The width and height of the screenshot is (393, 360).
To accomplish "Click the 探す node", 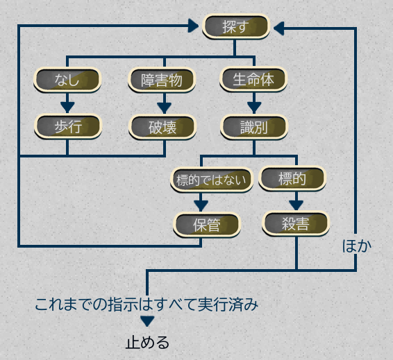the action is (236, 26).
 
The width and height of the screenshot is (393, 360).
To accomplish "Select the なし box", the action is (67, 80).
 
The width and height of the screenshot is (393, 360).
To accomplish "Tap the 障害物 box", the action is (162, 80).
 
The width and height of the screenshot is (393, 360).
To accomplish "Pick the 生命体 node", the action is (253, 79).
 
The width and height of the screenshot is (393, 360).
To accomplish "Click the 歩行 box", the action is (68, 126).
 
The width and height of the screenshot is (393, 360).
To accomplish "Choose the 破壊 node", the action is (162, 127).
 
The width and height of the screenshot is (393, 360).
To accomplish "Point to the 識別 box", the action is (254, 127).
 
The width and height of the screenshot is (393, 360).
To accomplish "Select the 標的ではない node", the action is (212, 180).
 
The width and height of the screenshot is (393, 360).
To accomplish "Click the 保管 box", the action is (207, 225).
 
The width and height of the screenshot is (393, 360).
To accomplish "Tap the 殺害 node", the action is (296, 223).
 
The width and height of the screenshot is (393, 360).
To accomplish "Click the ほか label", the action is (357, 246).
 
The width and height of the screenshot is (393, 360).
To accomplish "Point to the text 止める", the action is (147, 342).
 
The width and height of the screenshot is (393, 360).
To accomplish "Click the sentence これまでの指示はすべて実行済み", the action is (147, 305).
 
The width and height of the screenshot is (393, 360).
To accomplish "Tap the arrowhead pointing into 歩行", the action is (67, 108).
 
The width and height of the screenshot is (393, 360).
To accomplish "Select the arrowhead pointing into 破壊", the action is (164, 108).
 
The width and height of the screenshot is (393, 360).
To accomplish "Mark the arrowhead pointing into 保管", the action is (201, 206).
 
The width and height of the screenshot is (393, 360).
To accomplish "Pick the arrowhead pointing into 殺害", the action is (296, 205).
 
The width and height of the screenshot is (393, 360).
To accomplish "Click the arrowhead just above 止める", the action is (147, 321).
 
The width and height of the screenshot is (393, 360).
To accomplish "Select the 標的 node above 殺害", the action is (292, 178).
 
